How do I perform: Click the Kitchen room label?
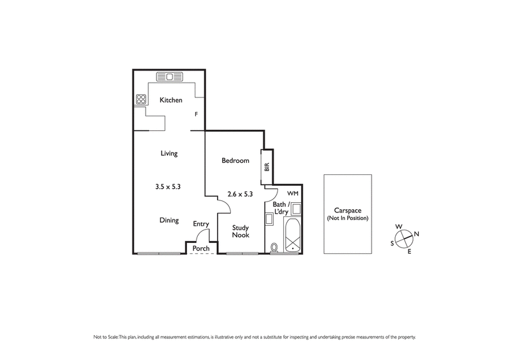pyautogui.click(x=171, y=100)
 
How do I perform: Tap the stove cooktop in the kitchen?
pyautogui.click(x=141, y=99)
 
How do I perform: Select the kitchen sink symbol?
pyautogui.click(x=169, y=77)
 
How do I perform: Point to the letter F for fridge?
pyautogui.click(x=197, y=114)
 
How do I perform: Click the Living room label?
pyautogui.click(x=169, y=153)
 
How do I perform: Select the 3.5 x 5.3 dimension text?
pyautogui.click(x=169, y=187)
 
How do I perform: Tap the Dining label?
pyautogui.click(x=169, y=220)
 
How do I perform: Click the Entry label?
pyautogui.click(x=201, y=224)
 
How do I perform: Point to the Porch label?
pyautogui.click(x=201, y=248)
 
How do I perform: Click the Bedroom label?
pyautogui.click(x=235, y=161)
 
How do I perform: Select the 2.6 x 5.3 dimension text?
pyautogui.click(x=241, y=195)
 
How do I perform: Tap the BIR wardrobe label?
pyautogui.click(x=267, y=167)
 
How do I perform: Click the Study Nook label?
pyautogui.click(x=240, y=231)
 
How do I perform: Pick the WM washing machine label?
pyautogui.click(x=292, y=193)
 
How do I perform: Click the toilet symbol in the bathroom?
pyautogui.click(x=274, y=247)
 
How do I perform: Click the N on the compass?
pyautogui.click(x=416, y=233)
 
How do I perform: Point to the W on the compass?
pyautogui.click(x=399, y=226)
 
